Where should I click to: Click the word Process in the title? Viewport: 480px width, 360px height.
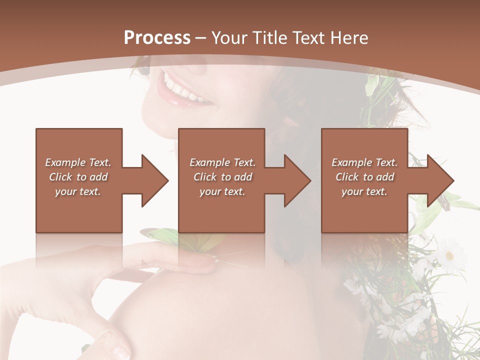(x=157, y=37)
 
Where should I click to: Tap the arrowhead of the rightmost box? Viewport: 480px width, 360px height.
(x=439, y=180)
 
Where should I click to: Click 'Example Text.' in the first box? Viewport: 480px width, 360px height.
(x=78, y=162)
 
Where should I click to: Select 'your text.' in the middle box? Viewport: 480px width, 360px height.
(x=222, y=191)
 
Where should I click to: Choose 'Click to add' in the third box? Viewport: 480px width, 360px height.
(x=364, y=177)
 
